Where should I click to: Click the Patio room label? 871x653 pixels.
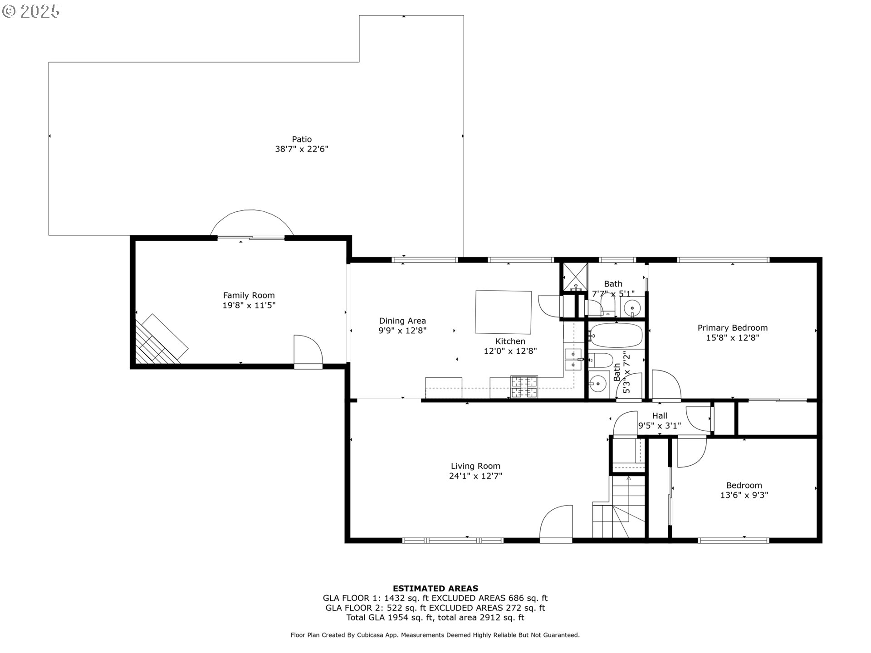click(302, 139)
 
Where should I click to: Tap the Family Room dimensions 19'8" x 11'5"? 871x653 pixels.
click(249, 306)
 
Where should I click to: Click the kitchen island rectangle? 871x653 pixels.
click(503, 312)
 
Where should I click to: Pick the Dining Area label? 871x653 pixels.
click(402, 321)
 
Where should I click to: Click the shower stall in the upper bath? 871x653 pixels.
click(575, 277)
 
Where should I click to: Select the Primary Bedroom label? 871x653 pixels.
click(732, 328)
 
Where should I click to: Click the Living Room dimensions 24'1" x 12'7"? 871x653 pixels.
click(475, 476)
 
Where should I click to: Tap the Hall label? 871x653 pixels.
click(660, 415)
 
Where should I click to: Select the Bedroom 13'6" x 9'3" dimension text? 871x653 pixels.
click(744, 495)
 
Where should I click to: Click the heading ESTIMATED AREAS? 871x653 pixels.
click(435, 589)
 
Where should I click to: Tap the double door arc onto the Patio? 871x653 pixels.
click(252, 222)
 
